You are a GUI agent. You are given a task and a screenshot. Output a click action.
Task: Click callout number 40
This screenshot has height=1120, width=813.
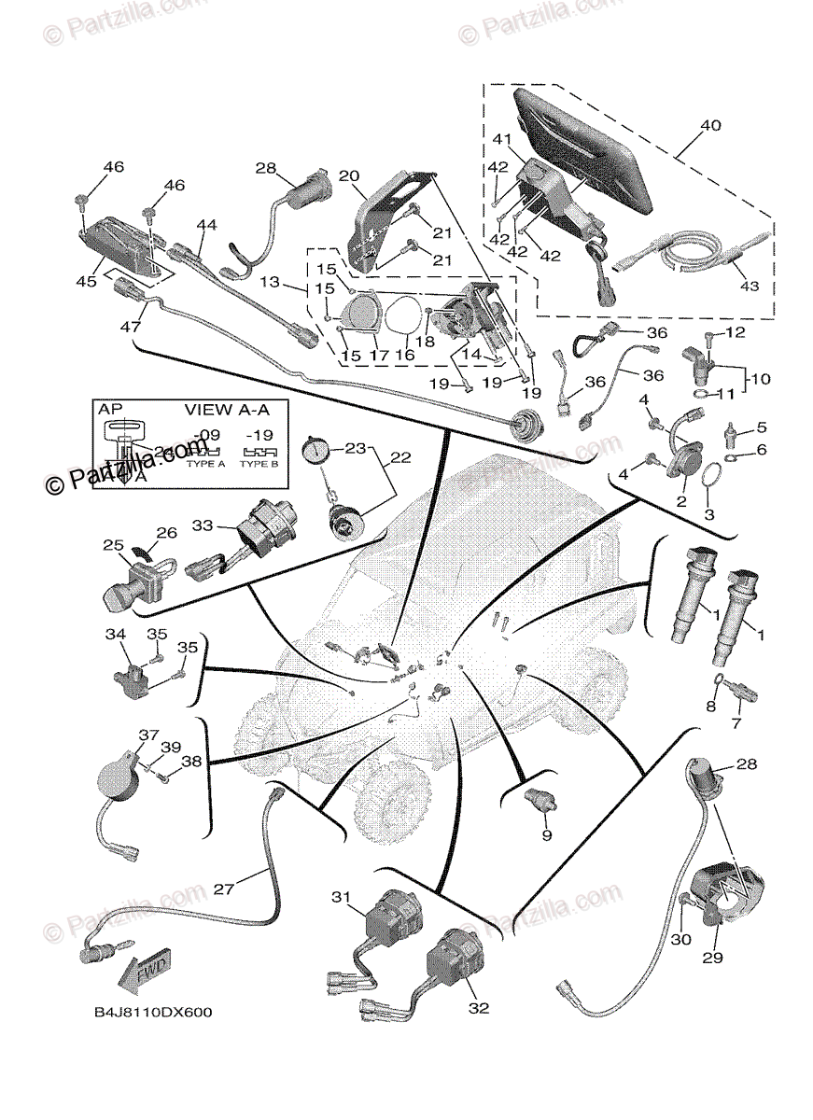(710, 126)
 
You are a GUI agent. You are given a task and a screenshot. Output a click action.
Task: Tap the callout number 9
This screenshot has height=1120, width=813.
(547, 833)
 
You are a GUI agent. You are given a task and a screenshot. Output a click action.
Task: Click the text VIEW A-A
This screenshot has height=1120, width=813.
(222, 409)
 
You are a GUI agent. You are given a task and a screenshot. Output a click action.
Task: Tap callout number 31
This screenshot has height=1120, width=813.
(340, 897)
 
